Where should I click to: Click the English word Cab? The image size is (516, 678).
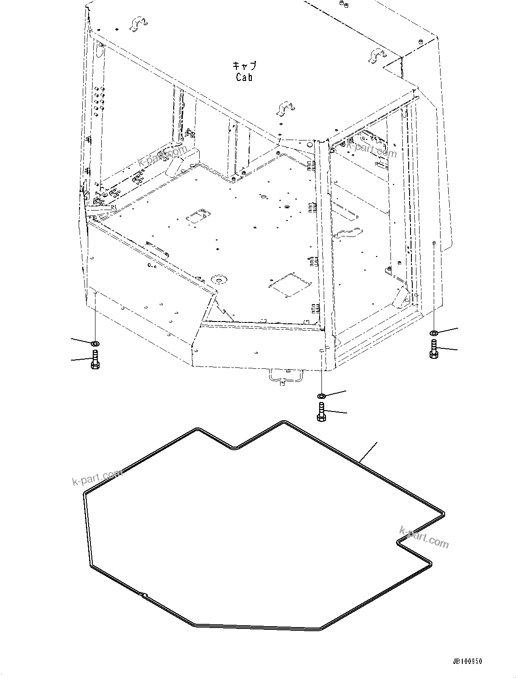pos(244,77)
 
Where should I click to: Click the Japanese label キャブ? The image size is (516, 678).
pos(245,66)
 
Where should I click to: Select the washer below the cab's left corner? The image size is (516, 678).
pos(95,342)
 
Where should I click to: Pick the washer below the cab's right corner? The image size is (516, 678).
pos(434,333)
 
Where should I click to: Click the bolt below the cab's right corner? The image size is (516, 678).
pos(434,349)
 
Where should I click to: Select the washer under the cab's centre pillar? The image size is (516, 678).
pos(321,395)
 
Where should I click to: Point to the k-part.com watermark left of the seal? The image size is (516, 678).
pos(97,477)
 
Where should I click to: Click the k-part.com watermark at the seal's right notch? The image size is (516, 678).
pos(424,537)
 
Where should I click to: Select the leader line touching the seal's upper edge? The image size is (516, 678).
pos(368,452)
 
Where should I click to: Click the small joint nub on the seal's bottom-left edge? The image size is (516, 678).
pos(143,594)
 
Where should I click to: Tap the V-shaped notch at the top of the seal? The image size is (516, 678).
pos(234,447)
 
